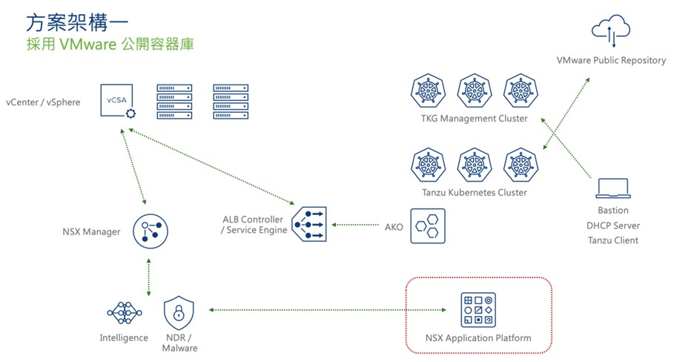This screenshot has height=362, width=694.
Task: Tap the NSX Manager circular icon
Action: (150, 231)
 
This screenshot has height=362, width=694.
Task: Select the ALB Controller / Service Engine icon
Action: (308, 223)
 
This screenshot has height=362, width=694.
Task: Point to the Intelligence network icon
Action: (124, 313)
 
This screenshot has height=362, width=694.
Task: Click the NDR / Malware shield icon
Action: (179, 313)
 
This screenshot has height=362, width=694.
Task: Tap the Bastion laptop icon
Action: (612, 188)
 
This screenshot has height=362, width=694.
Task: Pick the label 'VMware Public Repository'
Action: (611, 60)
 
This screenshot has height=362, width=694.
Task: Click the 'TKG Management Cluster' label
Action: (474, 118)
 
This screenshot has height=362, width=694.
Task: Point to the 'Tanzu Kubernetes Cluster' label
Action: (474, 192)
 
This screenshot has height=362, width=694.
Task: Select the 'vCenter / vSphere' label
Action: (42, 102)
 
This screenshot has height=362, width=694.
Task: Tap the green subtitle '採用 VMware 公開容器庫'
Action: (110, 45)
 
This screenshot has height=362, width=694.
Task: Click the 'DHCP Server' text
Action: (612, 226)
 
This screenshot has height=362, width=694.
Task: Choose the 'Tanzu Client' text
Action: (612, 240)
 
